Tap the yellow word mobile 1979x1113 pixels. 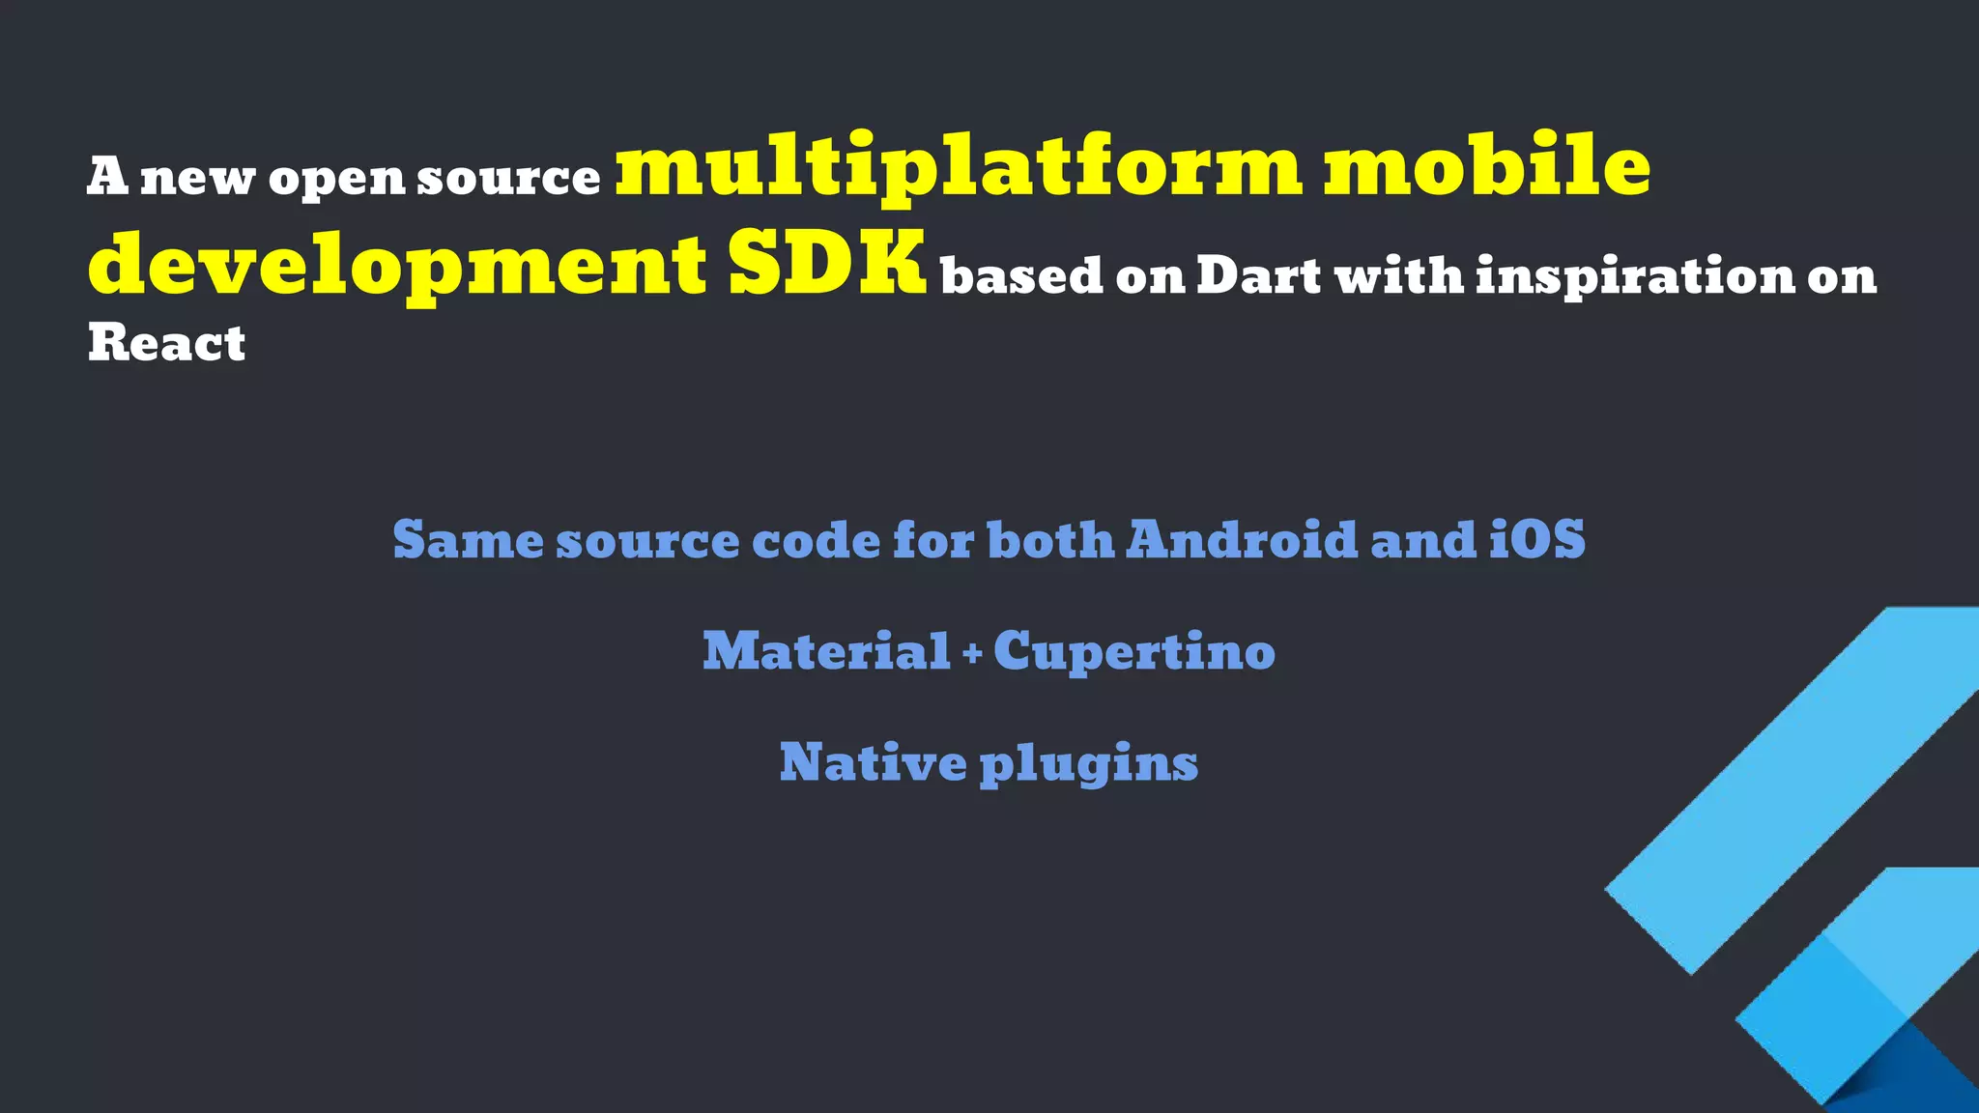(x=1486, y=166)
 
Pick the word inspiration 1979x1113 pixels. (x=1634, y=277)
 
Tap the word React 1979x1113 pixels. (x=166, y=343)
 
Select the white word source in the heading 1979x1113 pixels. (x=508, y=178)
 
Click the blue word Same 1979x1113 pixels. (x=468, y=540)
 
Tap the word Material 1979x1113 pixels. (x=826, y=651)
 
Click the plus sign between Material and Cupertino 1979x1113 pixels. (x=972, y=655)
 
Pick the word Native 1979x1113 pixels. (x=873, y=762)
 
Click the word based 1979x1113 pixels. (x=1021, y=276)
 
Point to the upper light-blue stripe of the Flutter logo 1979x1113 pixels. (x=1797, y=783)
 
